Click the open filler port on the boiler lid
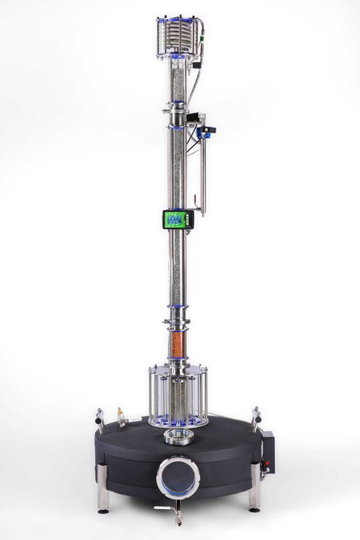point(178,439)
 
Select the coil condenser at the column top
point(178,35)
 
